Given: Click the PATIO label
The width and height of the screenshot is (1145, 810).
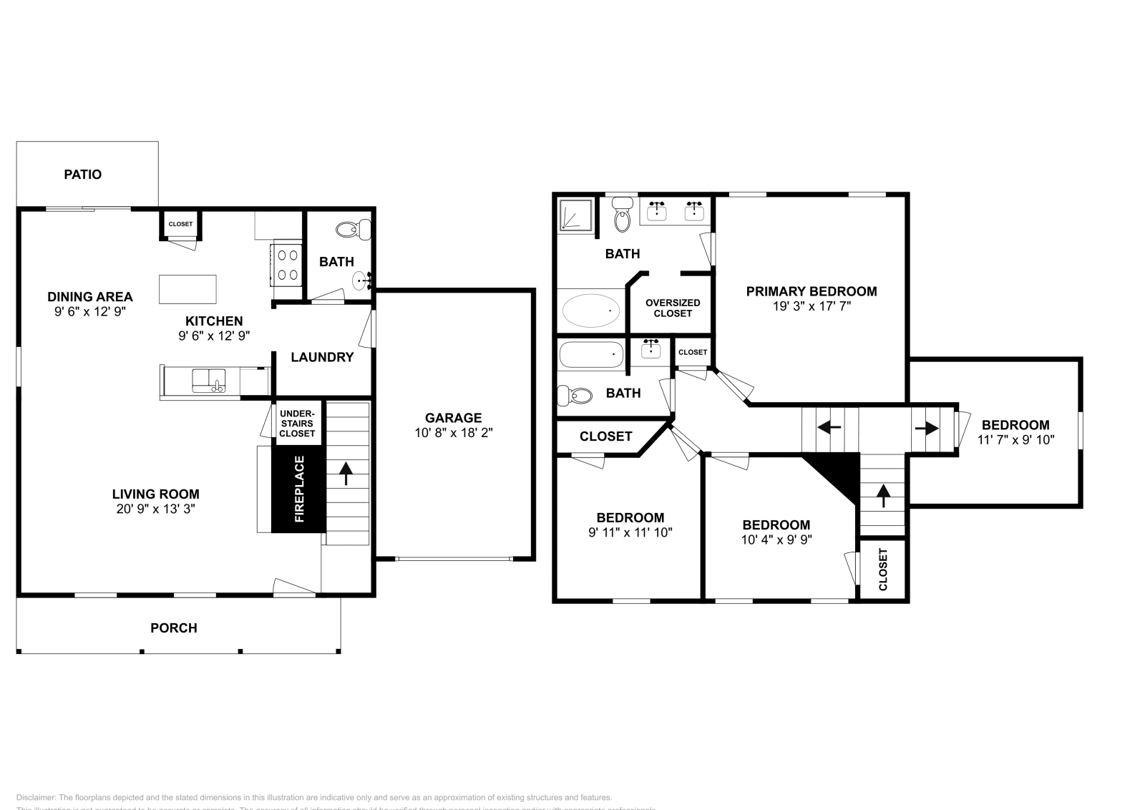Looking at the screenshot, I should (83, 175).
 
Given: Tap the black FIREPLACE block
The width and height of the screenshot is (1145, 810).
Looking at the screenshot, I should (298, 489).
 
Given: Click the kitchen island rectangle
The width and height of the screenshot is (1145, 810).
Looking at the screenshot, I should (187, 289).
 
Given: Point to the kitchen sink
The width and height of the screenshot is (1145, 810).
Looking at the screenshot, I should (208, 380).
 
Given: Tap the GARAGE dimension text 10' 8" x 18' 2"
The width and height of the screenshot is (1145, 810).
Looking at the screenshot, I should (454, 433).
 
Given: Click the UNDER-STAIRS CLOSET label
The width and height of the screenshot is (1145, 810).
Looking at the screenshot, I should (297, 424).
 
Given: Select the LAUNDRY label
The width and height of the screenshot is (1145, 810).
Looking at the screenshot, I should (322, 357).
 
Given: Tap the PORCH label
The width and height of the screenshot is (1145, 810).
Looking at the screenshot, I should (174, 628).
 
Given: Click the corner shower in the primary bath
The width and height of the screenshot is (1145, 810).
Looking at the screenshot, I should (576, 215).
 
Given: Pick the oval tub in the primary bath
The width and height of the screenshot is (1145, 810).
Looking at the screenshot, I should (591, 311).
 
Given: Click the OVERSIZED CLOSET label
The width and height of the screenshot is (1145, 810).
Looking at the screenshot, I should (673, 308).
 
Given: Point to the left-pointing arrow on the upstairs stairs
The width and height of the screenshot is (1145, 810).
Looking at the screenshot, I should (829, 428).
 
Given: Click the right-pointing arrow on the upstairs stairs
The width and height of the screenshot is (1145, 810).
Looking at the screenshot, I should (927, 429).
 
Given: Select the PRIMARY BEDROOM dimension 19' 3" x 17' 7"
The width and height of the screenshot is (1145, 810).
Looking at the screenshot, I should (811, 306).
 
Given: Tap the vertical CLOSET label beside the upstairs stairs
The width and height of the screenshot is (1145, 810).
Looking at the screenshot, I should (883, 570).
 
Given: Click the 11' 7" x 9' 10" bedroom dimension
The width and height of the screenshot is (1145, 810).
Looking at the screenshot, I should (1015, 440).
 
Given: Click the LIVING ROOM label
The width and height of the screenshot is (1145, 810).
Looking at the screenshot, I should (155, 494).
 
